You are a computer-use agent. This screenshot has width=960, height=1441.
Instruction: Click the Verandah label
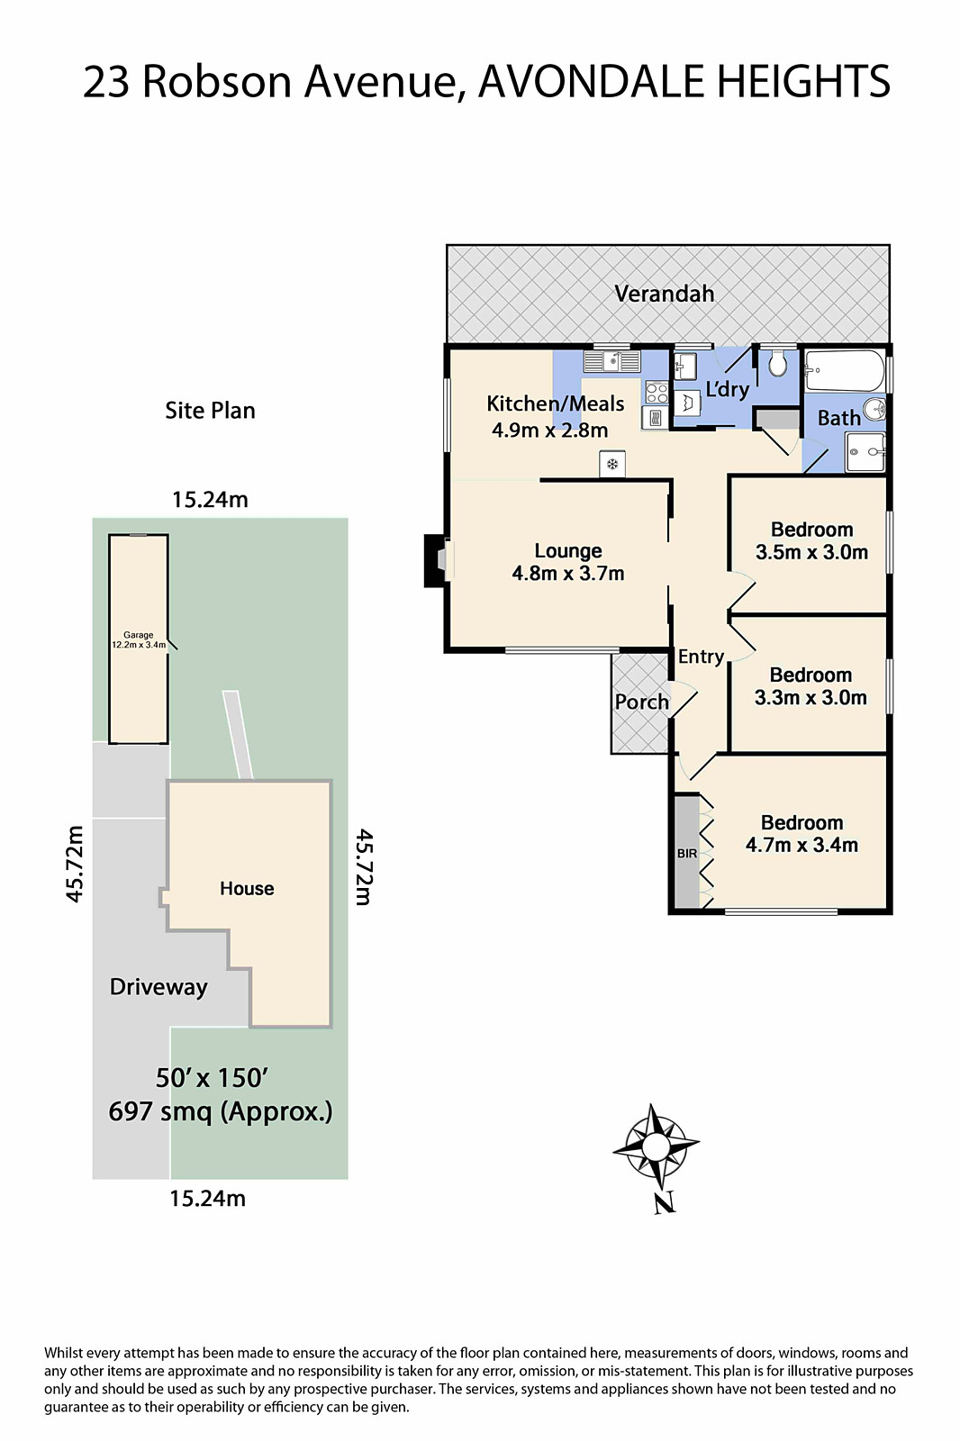pos(664,294)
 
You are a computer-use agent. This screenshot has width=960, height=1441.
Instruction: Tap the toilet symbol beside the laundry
pos(777,365)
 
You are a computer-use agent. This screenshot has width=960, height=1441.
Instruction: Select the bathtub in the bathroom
pos(845,370)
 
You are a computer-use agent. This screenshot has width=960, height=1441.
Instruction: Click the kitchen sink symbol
pos(611,362)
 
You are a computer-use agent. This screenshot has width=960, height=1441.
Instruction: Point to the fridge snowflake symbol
pos(612,464)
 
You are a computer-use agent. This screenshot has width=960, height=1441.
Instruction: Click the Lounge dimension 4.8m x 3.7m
pos(567,574)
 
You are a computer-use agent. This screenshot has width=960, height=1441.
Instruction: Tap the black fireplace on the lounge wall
pos(435,561)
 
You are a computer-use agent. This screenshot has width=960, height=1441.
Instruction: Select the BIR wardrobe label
pos(687,853)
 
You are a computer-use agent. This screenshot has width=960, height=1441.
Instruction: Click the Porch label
pos(641,702)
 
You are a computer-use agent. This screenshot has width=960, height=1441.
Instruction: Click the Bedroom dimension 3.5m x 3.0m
pos(811,552)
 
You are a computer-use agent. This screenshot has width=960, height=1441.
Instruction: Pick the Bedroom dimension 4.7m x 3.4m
pos(802,845)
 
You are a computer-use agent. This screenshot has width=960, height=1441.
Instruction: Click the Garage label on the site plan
pos(139,635)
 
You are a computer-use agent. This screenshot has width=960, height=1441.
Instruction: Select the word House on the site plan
pos(247,889)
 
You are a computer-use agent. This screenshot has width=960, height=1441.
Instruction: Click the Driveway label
pos(158,987)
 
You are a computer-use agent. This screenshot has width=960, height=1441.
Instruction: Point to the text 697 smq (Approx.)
pos(221,1111)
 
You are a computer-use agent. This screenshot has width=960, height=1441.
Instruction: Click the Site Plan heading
pos(210,411)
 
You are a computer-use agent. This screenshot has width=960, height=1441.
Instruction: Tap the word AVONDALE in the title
pos(592,82)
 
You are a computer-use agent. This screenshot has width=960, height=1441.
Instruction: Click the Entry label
pos(701,657)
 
